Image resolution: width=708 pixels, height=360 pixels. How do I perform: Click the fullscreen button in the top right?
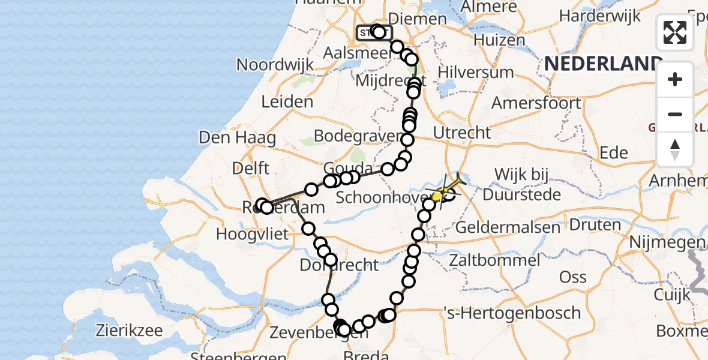click(x=675, y=32)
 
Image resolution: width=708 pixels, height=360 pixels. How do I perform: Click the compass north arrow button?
click(x=675, y=149)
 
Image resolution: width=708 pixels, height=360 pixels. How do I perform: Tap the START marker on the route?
click(x=367, y=32)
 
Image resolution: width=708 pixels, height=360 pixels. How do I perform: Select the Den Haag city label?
click(x=237, y=138)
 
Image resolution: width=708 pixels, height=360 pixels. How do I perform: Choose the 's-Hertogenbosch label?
click(x=511, y=313)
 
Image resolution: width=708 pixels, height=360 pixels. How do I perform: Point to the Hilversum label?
click(x=476, y=73)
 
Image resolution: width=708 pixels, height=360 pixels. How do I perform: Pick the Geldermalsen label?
click(x=501, y=227)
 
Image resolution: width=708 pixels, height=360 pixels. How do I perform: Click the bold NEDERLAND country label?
click(x=603, y=64)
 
